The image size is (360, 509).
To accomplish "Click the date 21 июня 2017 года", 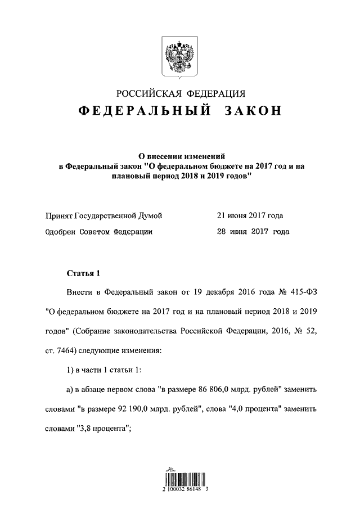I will (250, 215).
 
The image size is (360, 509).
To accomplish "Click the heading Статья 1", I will (83, 274).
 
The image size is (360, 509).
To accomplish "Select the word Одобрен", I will (60, 231).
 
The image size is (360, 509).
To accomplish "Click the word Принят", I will (58, 215).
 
